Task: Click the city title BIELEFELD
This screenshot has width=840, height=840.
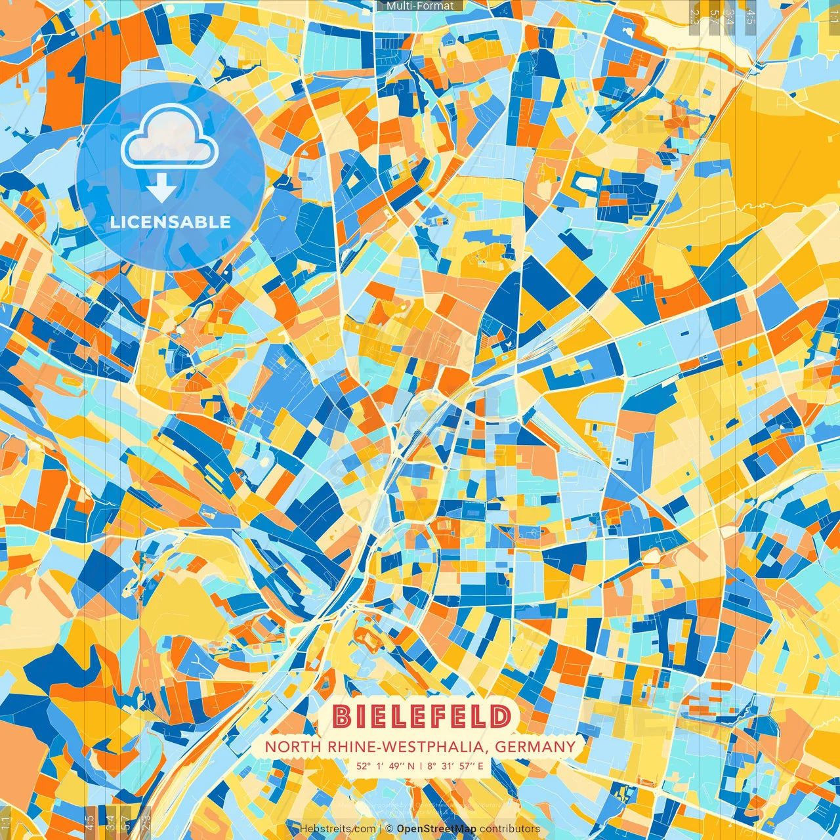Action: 421,717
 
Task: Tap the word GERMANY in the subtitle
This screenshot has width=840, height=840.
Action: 535,747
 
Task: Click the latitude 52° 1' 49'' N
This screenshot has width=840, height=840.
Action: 386,766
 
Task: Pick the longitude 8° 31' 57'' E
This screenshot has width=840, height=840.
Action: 455,766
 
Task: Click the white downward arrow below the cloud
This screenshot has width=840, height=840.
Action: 161,190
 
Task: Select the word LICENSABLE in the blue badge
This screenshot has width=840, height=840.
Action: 170,222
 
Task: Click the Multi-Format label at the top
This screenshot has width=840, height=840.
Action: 420,6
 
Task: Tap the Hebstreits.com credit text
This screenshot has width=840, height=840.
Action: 337,829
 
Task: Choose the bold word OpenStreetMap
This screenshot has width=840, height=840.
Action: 436,829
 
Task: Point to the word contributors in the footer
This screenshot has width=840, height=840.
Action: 510,829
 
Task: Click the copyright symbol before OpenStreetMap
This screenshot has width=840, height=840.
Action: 389,829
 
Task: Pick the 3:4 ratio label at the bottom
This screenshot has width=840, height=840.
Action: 110,821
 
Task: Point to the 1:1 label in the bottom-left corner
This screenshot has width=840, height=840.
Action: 6,822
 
